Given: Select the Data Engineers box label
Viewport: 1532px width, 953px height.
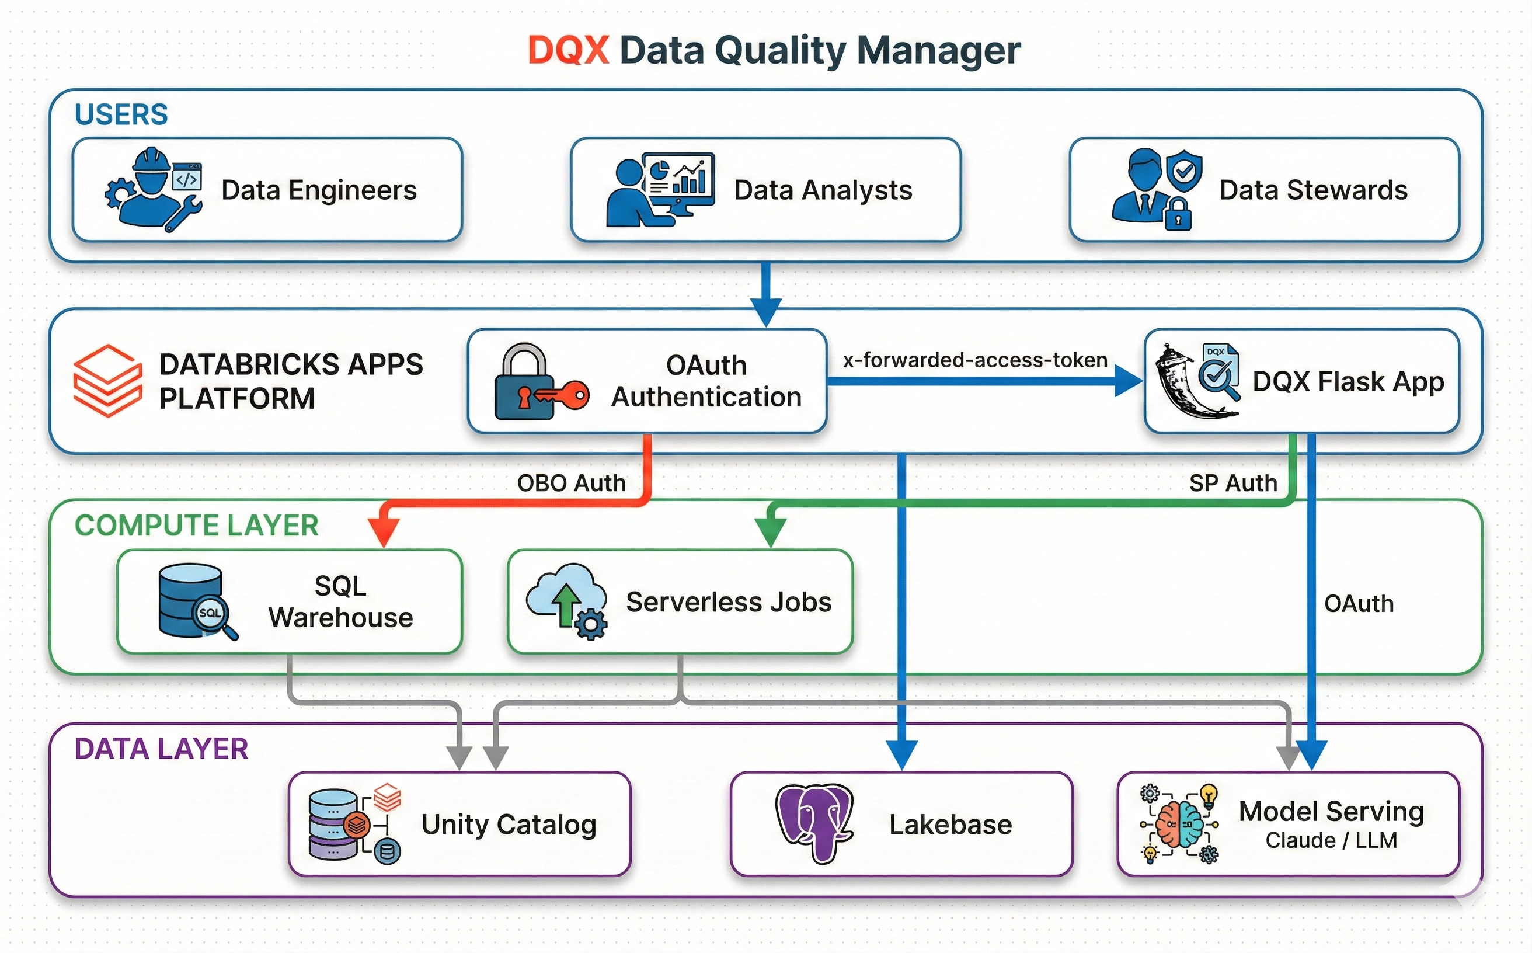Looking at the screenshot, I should click(x=319, y=190).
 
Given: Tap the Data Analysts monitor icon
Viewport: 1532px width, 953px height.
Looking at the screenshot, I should click(x=679, y=180).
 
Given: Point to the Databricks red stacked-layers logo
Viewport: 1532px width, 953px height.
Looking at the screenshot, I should click(x=107, y=380).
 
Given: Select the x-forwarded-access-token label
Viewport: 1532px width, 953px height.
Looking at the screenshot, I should click(x=975, y=360).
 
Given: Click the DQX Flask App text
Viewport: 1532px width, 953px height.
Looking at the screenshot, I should click(x=1348, y=381).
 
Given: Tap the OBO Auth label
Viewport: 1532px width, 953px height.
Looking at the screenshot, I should click(x=571, y=483).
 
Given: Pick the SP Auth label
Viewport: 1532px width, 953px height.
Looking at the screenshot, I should click(x=1232, y=483).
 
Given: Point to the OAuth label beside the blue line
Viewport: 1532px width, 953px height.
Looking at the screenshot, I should click(x=1358, y=604).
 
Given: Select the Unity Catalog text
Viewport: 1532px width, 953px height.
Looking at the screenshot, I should click(x=509, y=825).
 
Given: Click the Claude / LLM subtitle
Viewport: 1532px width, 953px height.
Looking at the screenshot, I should click(x=1331, y=840).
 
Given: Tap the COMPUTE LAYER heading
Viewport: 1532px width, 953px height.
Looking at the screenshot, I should click(x=197, y=525).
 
